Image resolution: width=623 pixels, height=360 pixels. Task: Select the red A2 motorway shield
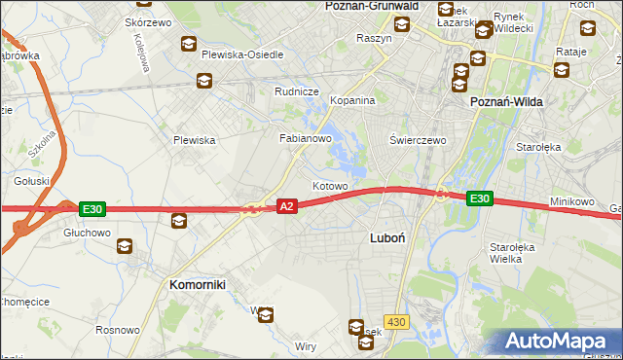[x=286, y=206]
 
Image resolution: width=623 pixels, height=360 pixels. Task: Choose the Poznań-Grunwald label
[x=371, y=6]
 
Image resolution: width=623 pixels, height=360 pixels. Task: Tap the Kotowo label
[x=330, y=186]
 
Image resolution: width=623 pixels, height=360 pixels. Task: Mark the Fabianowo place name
[x=307, y=139]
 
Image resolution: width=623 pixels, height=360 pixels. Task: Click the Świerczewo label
[x=418, y=140]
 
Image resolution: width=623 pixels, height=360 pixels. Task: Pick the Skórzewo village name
[x=148, y=22]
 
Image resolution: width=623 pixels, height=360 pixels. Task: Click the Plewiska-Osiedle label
[x=242, y=54]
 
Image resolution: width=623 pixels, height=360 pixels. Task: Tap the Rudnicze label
[x=297, y=91]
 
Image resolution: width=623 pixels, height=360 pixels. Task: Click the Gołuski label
[x=31, y=181]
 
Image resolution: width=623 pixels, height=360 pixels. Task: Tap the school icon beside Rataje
[x=561, y=69]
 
